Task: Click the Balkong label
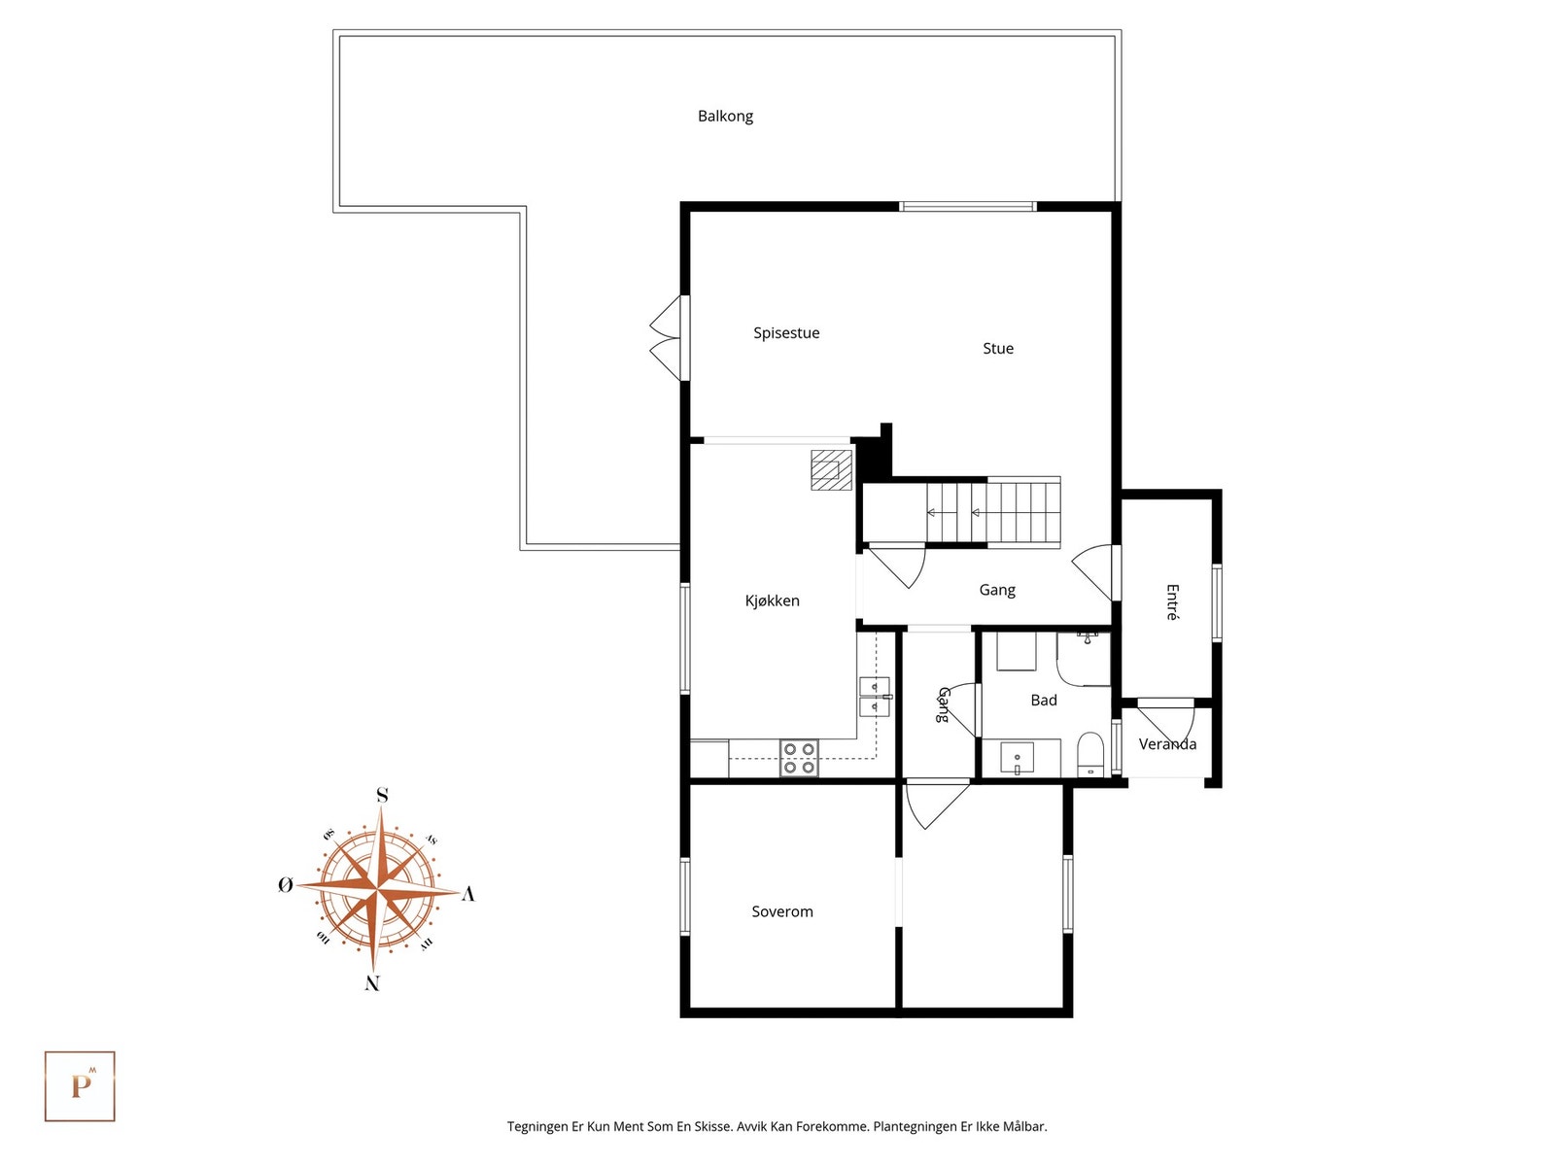725,116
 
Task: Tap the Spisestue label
786,333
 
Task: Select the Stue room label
997,349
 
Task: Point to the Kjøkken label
772,601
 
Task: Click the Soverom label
781,911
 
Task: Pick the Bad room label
1043,701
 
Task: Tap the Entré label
1172,601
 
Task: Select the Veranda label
1167,744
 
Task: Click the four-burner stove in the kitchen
799,758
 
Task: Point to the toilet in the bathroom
1090,756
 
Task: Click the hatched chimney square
831,469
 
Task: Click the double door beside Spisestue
668,338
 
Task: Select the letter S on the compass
382,796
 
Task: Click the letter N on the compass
372,983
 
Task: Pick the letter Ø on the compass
285,885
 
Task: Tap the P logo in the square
80,1086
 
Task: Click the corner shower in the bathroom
1082,658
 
